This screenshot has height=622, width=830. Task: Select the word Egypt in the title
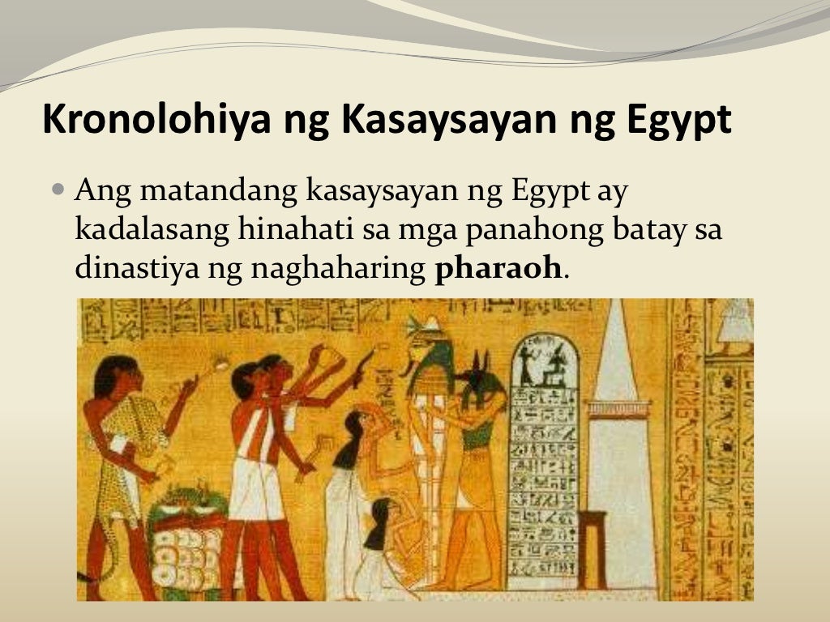(679, 121)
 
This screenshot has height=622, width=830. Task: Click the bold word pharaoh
(498, 269)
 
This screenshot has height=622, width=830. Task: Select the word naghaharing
(338, 269)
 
